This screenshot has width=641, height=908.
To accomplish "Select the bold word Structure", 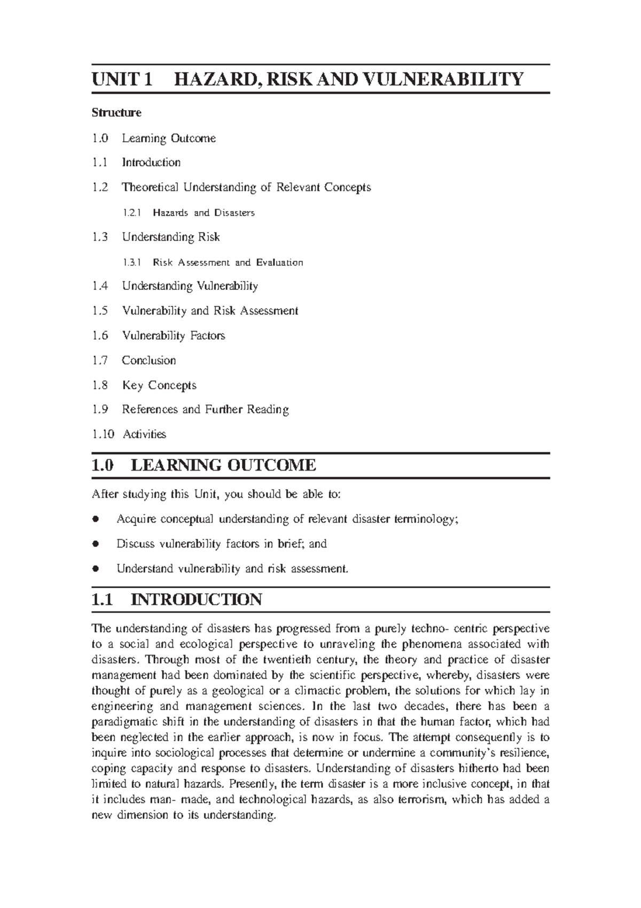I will [116, 113].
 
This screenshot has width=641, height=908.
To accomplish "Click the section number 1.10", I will [103, 434].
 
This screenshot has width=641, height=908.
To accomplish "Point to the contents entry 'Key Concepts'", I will [159, 385].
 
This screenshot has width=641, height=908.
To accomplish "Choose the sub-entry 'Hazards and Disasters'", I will [204, 213].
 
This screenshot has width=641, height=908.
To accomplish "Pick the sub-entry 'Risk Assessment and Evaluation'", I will [228, 263].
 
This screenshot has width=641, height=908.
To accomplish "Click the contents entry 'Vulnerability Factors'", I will [174, 336].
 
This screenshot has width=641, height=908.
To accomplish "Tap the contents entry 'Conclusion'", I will [148, 360].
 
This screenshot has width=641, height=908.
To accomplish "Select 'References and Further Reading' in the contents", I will [205, 410].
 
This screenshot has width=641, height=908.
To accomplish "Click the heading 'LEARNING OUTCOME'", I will [223, 465].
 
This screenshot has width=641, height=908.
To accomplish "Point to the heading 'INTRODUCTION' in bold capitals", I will [196, 599].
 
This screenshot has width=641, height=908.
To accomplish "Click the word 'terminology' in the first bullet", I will [426, 519].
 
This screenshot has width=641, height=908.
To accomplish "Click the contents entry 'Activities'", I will [144, 434].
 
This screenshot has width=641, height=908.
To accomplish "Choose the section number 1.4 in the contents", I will [99, 286].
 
